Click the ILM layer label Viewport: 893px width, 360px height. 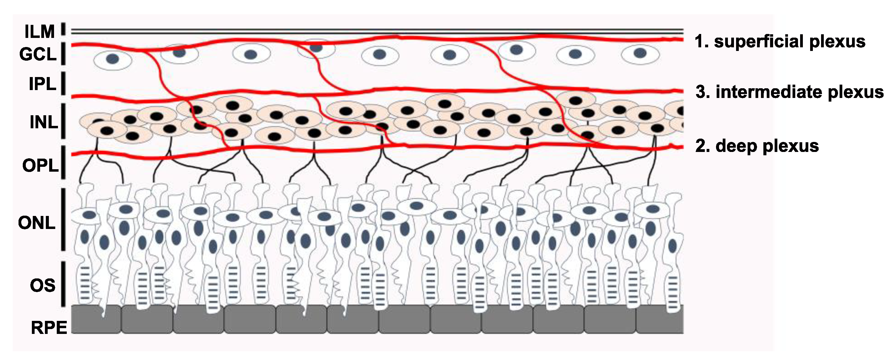click(39, 32)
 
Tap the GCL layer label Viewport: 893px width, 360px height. click(38, 54)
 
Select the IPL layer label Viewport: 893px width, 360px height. click(42, 84)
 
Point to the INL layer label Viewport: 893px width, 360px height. click(44, 122)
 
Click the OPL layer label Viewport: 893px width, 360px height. click(40, 166)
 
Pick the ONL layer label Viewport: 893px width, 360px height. click(37, 223)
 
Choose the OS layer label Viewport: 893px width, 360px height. click(42, 285)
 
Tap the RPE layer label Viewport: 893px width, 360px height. click(49, 328)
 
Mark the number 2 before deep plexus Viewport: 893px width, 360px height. click(701, 146)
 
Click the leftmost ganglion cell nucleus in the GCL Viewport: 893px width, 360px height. click(112, 59)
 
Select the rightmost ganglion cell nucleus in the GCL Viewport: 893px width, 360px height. click(640, 53)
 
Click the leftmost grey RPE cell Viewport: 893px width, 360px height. click(96, 319)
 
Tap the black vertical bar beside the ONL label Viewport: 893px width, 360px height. click(63, 219)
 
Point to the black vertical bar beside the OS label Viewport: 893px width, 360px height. click(63, 284)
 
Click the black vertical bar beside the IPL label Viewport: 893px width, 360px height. click(63, 83)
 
